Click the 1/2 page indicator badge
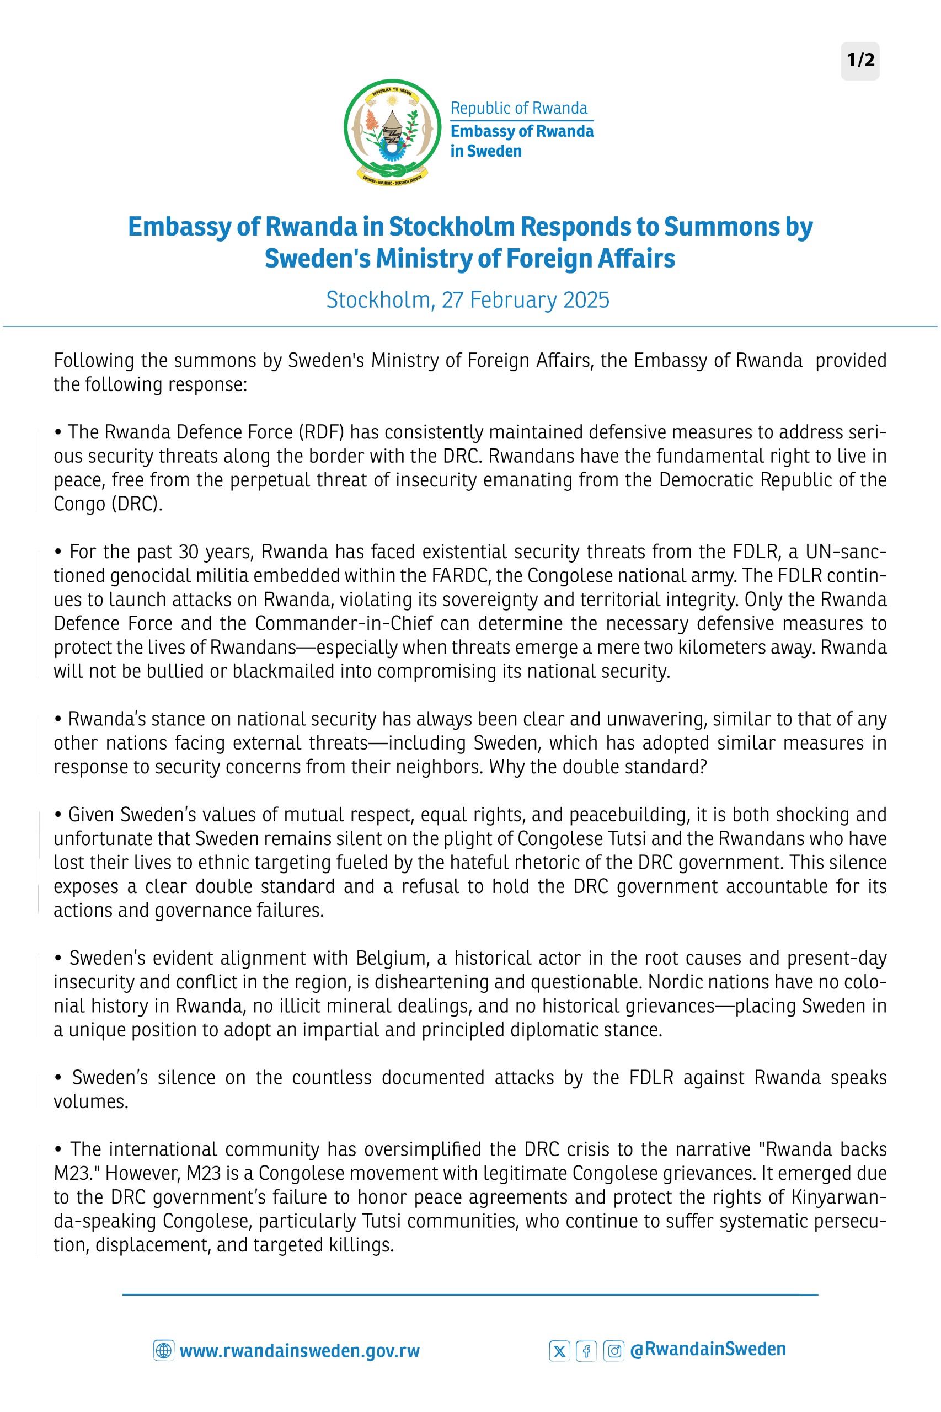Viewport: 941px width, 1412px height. tap(860, 61)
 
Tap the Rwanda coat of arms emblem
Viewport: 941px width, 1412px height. tap(393, 131)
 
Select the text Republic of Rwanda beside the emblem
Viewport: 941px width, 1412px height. tap(518, 109)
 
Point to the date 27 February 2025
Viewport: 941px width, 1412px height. tap(525, 300)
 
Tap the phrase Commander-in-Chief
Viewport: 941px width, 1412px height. tap(343, 623)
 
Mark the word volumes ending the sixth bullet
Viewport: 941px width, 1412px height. tap(90, 1102)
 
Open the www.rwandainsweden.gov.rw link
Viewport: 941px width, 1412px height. tap(300, 1351)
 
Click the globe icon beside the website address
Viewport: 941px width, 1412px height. tap(163, 1350)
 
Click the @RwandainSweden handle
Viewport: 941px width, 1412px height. tap(708, 1349)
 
